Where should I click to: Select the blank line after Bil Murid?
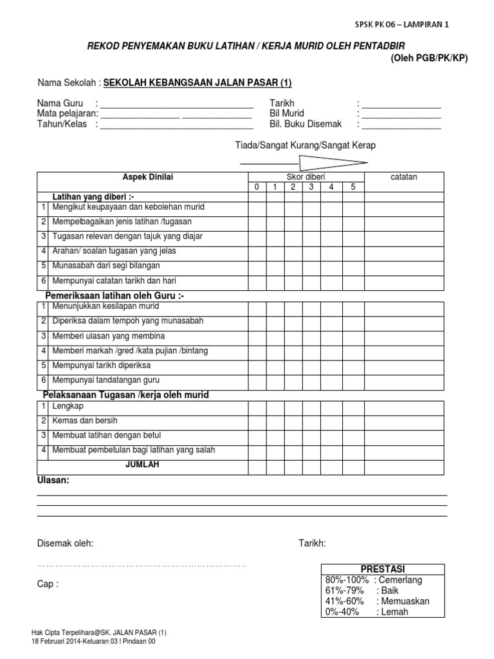click(401, 115)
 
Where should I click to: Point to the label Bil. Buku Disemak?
click(306, 124)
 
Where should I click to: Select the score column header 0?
click(256, 187)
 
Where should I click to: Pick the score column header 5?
click(352, 187)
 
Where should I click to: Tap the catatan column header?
click(404, 177)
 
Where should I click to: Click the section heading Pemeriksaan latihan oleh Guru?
click(114, 295)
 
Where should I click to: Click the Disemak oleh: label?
click(65, 544)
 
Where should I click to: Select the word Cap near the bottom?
click(45, 584)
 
